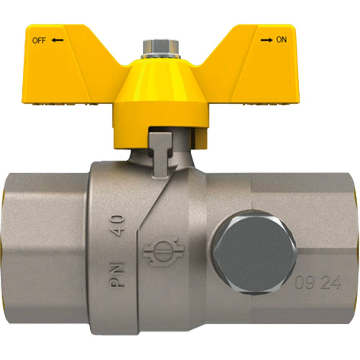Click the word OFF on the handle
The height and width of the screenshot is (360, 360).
(39, 41)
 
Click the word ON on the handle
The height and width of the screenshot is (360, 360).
(281, 40)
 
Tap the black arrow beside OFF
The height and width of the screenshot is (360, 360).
(57, 40)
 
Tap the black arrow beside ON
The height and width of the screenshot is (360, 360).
(266, 40)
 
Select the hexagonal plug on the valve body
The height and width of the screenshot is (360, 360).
(254, 252)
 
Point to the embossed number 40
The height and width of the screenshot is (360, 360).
(118, 226)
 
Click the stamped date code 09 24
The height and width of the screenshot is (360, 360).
(318, 283)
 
